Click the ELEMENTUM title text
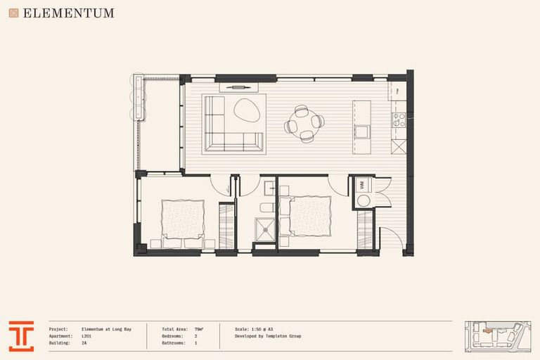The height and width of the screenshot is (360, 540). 68,13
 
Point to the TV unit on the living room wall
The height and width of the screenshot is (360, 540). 239,87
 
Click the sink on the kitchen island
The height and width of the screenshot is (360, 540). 362,131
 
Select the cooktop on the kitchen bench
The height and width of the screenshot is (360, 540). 399,120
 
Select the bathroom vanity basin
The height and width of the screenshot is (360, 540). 269,188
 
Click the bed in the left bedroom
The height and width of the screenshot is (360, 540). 182,220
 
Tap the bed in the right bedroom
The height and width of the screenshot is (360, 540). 308,216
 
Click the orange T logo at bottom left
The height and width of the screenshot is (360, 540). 21,336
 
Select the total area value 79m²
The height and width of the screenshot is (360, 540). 199,328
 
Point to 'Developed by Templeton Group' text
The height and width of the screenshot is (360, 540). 268,336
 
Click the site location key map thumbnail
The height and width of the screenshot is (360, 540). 495,336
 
